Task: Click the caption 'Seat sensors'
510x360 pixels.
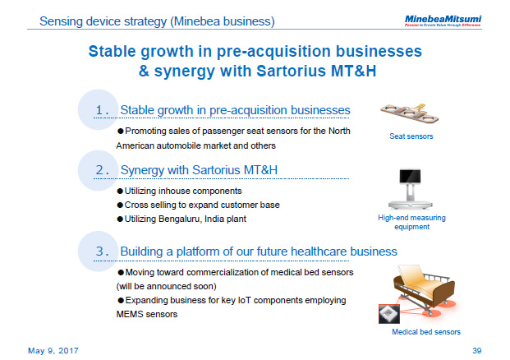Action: [x=411, y=136]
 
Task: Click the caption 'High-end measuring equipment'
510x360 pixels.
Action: [x=411, y=222]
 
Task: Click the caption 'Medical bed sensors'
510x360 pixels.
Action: [x=425, y=331]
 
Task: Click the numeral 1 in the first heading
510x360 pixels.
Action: [x=101, y=111]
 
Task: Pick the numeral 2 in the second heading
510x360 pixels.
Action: [x=101, y=170]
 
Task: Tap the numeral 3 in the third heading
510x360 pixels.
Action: [x=101, y=251]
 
